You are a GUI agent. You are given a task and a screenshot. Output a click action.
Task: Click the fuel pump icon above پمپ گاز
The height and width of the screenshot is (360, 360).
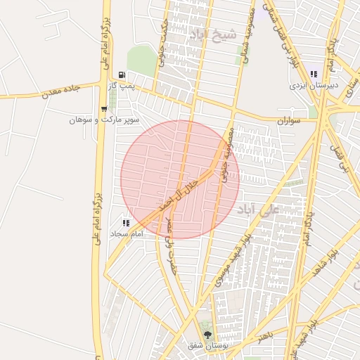[x=122, y=75]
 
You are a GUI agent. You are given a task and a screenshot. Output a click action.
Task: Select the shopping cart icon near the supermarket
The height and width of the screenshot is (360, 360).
[x=104, y=108]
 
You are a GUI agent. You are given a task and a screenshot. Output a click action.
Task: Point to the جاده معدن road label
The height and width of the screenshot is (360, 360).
[x=63, y=89]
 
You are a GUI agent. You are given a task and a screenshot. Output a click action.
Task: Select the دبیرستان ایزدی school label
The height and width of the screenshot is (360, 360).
[x=314, y=85]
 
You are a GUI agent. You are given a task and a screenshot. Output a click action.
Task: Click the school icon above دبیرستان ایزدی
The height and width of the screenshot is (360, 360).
[x=314, y=73]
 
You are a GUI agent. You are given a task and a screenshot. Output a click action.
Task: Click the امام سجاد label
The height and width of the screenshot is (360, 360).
[x=127, y=233]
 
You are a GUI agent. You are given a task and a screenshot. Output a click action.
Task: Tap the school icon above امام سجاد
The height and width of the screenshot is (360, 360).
[x=127, y=222]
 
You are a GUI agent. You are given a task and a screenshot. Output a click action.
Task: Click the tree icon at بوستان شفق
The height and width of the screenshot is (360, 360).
[x=207, y=335]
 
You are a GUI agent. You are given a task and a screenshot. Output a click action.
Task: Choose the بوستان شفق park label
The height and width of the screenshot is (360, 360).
[x=205, y=346]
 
